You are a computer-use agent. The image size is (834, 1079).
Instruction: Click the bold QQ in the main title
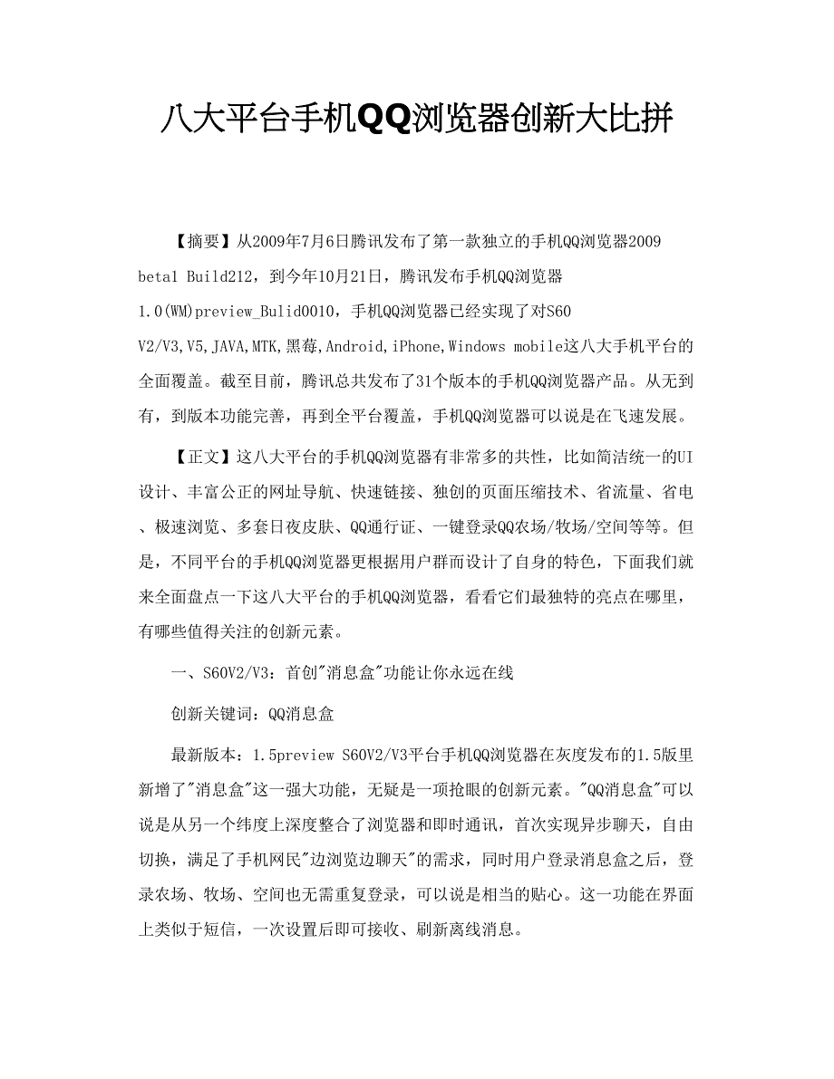(383, 117)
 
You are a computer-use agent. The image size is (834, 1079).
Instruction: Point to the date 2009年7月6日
(295, 242)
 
